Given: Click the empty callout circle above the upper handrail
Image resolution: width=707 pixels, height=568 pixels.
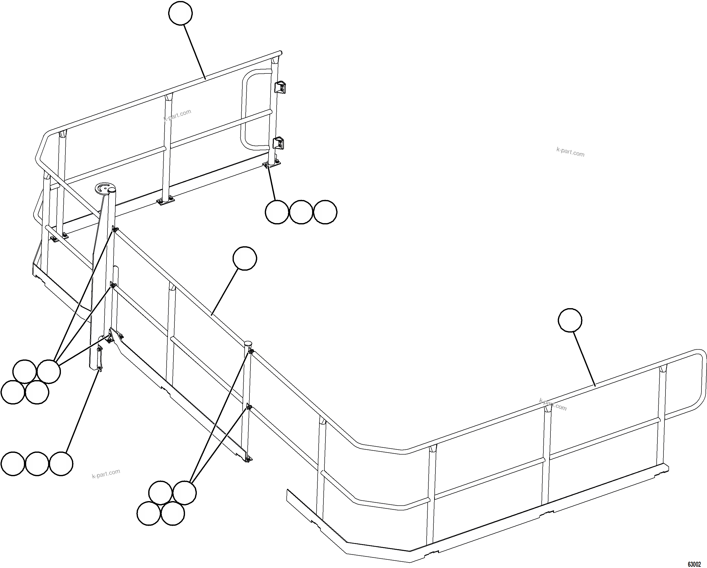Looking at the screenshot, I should [180, 13].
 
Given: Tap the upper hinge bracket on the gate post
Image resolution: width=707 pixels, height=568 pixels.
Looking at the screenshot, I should [280, 88].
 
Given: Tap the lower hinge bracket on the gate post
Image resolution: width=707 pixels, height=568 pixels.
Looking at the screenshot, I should [278, 143].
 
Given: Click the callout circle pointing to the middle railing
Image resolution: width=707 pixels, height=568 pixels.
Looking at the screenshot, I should [245, 258].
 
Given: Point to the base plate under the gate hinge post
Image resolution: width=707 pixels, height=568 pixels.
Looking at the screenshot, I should [272, 164].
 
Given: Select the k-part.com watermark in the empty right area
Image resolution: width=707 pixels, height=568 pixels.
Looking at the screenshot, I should [570, 152].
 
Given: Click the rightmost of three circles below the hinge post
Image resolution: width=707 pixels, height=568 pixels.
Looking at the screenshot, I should [325, 212].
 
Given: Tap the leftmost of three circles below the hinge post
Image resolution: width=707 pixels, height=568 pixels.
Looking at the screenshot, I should [277, 212].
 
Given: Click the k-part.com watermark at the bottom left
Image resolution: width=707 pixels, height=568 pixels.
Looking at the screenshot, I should [106, 474].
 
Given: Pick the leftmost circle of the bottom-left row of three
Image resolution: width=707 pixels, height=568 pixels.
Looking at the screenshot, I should [13, 464].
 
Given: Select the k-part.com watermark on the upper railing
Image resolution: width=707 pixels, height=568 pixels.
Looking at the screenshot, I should [177, 115].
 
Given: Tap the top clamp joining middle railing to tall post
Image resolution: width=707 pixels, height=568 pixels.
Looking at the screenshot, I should [114, 229].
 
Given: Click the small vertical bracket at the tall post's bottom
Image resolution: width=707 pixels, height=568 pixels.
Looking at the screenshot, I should [99, 359].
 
